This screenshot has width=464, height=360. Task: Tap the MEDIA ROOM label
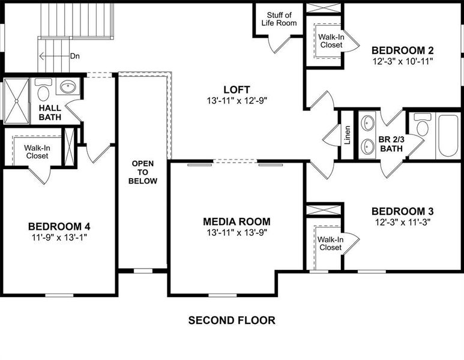(x=237, y=221)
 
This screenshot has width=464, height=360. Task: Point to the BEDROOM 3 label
(x=402, y=211)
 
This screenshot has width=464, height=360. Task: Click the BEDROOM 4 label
(x=59, y=226)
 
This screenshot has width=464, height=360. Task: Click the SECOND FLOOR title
(x=232, y=320)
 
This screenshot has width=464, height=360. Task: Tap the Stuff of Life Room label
(x=279, y=19)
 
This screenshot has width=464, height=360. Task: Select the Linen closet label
(x=347, y=136)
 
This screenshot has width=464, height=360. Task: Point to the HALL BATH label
(x=50, y=112)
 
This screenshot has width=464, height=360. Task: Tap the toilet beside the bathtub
(x=423, y=127)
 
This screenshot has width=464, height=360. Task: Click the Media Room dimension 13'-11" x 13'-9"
(x=237, y=232)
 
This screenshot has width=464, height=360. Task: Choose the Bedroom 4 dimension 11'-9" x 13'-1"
(x=59, y=237)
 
